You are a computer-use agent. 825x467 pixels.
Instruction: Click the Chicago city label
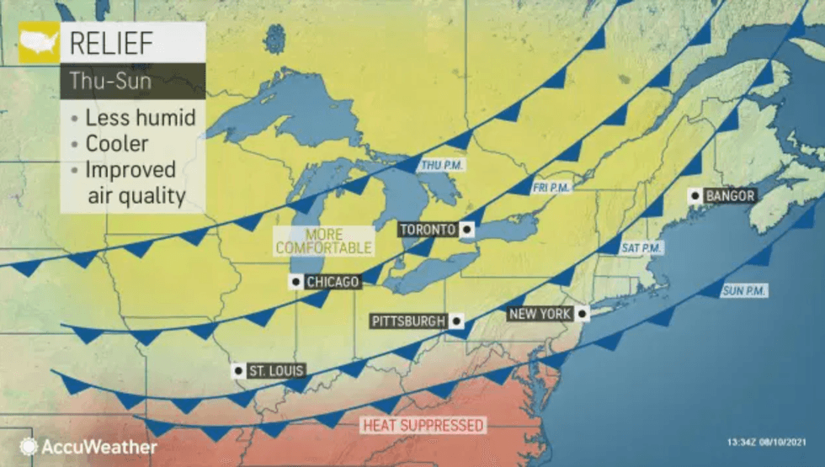pos(333,282)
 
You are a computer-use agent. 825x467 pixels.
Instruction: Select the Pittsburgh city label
pos(408,321)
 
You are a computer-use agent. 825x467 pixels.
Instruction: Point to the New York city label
pos(540,315)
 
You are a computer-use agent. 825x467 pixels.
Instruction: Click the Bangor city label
pos(730,196)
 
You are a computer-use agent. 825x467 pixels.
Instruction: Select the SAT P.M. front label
pos(642,248)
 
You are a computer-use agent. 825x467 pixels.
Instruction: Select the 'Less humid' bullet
pos(139,117)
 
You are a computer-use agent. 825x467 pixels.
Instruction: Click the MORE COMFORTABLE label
pos(323,241)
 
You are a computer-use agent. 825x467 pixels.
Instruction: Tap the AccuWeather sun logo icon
pos(29,447)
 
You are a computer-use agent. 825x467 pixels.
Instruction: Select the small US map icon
pos(39,43)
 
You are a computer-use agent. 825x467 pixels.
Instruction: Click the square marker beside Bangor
pos(695,196)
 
